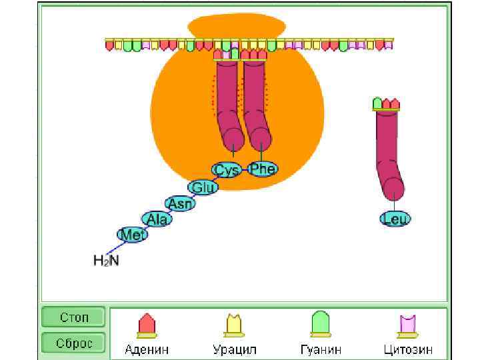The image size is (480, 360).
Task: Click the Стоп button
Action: tap(74, 317)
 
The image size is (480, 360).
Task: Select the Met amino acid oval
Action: tap(131, 234)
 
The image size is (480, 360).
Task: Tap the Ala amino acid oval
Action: tap(157, 219)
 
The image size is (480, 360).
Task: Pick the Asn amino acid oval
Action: tap(180, 203)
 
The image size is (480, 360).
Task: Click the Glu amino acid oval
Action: tap(203, 187)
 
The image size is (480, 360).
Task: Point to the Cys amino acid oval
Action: tap(227, 170)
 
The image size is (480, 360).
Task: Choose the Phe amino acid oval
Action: tap(262, 169)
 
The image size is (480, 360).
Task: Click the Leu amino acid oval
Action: tap(395, 218)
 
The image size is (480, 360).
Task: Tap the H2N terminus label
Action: tap(106, 260)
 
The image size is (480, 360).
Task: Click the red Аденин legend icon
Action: tap(147, 325)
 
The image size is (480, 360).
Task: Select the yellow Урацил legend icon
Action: tap(234, 325)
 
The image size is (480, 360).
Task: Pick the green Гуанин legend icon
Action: tap(321, 325)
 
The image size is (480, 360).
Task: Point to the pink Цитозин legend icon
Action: tap(408, 325)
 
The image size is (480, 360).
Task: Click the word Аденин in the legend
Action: tap(147, 349)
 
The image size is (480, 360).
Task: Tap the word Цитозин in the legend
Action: tap(408, 349)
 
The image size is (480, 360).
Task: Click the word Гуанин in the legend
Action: tap(321, 349)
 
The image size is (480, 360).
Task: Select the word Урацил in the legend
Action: tap(234, 349)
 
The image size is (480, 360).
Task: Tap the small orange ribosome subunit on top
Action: tap(237, 27)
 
